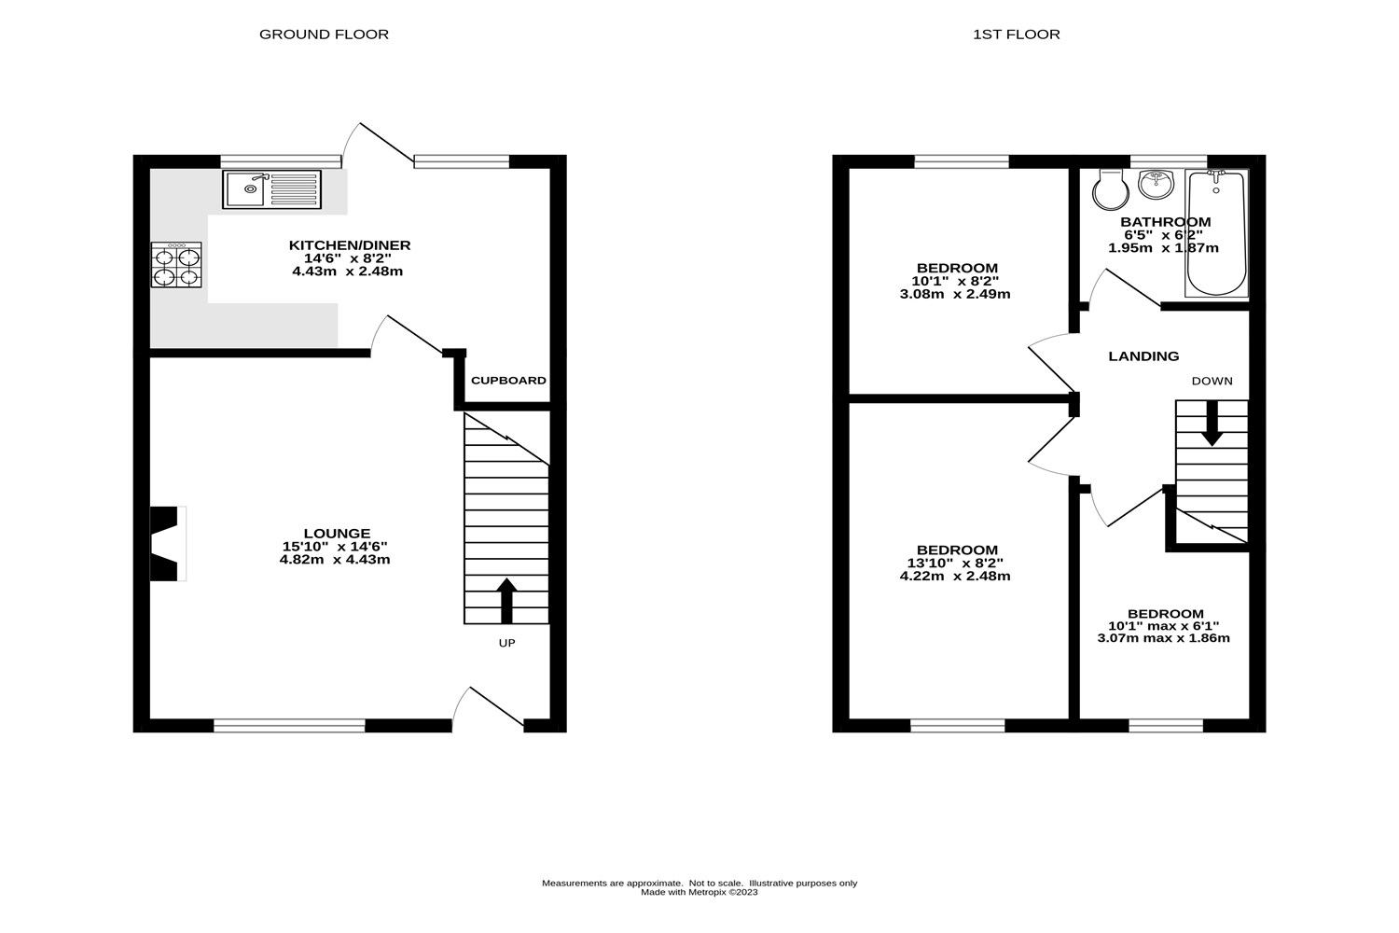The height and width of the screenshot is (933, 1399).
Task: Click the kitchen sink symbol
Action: tap(271, 189)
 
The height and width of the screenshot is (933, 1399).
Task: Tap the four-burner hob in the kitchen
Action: tap(176, 264)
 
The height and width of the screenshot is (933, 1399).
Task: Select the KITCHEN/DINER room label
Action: tap(349, 245)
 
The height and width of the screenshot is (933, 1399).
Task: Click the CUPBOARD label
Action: tap(508, 381)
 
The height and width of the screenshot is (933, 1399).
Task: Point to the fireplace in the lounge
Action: tap(166, 544)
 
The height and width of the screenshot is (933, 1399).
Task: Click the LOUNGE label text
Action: tap(335, 534)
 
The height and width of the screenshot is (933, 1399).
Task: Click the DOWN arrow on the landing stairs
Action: tap(1212, 423)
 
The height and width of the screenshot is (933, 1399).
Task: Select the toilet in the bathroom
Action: tap(1110, 190)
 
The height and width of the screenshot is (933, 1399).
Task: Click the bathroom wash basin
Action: tap(1157, 183)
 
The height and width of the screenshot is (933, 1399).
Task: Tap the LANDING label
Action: tap(1143, 356)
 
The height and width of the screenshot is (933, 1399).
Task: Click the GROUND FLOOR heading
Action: tap(324, 35)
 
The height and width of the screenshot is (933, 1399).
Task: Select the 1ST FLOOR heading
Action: tap(1016, 35)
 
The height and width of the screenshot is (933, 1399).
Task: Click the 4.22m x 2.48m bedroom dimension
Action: tap(955, 577)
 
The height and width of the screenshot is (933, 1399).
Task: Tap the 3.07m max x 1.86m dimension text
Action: tap(1164, 638)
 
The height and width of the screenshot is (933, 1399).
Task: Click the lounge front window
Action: tap(289, 725)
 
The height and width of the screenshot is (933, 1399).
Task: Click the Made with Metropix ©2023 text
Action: tap(699, 893)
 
